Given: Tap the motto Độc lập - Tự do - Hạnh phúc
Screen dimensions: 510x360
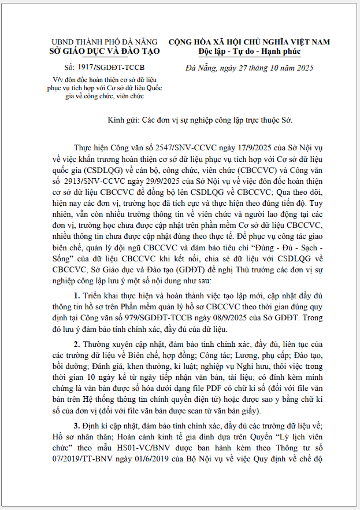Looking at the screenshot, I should (249, 51).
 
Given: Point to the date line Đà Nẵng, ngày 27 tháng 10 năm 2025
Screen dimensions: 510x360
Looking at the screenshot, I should (249, 68).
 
